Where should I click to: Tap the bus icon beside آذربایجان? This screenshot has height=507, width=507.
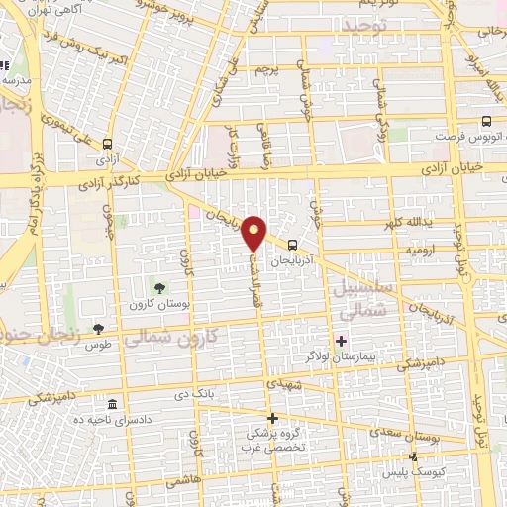pos(292,244)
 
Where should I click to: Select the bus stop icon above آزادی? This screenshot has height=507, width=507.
pos(107,143)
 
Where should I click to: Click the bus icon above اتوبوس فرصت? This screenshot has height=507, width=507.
pos(484,122)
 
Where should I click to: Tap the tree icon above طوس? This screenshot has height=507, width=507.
pos(97,329)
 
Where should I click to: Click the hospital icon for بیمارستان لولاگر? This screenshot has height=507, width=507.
pos(342,341)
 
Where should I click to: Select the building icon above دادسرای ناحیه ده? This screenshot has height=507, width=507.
pos(111,406)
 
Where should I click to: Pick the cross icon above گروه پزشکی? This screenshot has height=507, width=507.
pos(273,418)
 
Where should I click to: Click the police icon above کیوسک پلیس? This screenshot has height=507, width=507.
pos(415,457)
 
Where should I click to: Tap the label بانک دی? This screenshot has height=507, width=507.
pos(193,395)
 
